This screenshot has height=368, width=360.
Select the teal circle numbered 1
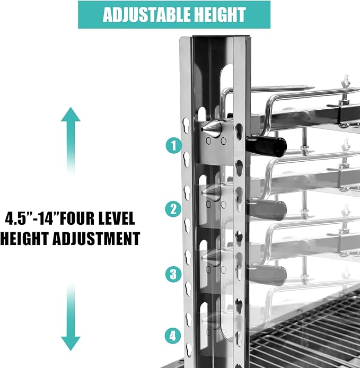[174, 146]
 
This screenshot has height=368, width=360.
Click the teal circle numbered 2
[173, 209]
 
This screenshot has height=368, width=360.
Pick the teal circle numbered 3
[173, 274]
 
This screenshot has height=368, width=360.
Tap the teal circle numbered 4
[173, 336]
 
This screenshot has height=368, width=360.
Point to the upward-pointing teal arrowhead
[71, 115]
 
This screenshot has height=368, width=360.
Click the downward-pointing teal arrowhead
[71, 344]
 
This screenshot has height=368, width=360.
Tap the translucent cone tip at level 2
[211, 192]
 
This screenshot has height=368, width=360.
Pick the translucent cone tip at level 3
[211, 258]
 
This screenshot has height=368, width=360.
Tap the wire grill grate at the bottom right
[305, 333]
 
